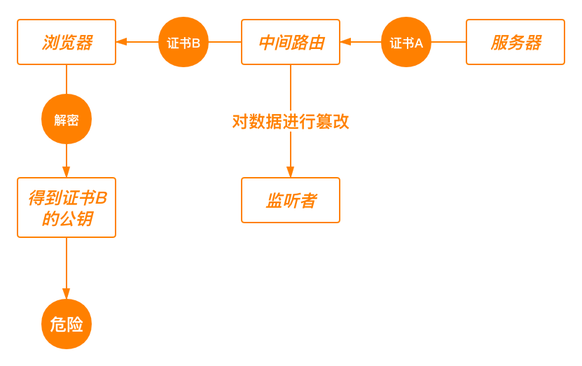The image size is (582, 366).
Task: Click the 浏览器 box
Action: point(67,42)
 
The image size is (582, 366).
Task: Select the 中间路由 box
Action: point(291,42)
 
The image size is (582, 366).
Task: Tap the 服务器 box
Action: point(515,42)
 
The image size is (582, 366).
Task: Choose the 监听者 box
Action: point(291,200)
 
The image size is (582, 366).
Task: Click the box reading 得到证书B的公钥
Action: point(67,207)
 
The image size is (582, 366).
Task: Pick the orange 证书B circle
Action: point(183,43)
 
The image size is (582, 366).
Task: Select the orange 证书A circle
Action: point(406,43)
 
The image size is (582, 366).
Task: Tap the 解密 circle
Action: point(67,120)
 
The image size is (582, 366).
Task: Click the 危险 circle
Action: point(67,324)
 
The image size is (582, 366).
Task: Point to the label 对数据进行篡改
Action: point(291,122)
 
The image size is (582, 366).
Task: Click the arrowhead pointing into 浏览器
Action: point(122,42)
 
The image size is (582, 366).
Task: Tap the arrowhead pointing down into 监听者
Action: point(291,172)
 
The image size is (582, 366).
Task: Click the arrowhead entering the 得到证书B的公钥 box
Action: point(67,172)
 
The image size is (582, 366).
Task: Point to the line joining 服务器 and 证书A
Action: point(448,42)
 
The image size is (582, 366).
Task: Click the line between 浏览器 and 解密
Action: point(67,80)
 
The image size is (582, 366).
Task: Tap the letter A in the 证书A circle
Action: point(419,43)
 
